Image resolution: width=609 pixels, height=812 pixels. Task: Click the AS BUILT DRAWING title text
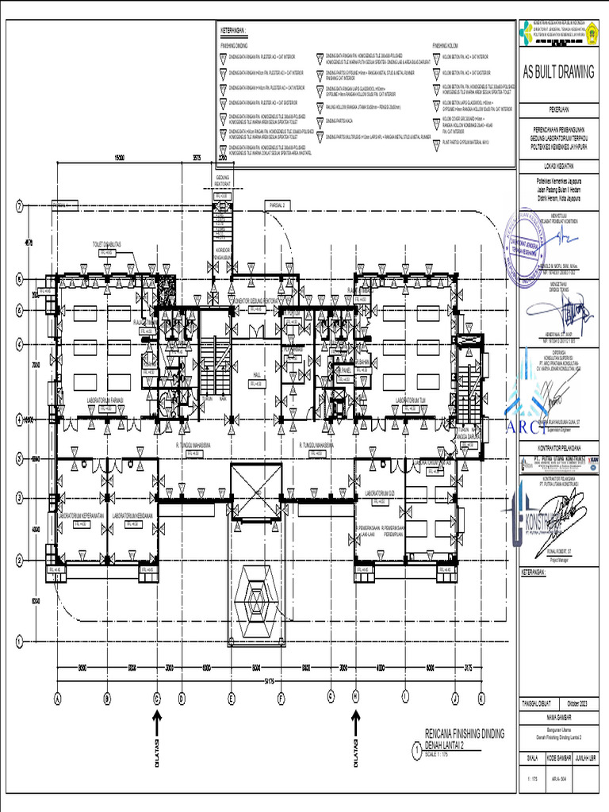(557, 73)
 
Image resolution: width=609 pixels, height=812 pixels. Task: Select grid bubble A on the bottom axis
(57, 699)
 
